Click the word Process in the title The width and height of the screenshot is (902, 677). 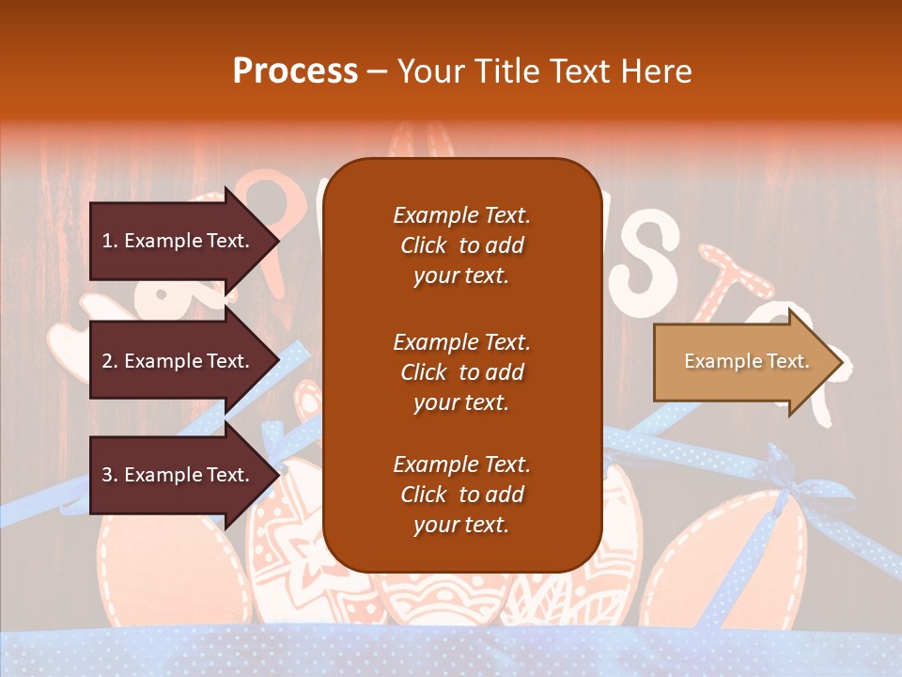(295, 71)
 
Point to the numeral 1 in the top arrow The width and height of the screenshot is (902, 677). (107, 241)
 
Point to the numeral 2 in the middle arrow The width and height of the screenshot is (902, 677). (107, 361)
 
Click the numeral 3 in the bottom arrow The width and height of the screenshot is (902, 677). (107, 475)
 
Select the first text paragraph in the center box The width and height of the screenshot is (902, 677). (461, 245)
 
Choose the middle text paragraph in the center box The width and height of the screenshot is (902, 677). (461, 372)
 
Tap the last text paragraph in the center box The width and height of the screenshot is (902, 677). (461, 495)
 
